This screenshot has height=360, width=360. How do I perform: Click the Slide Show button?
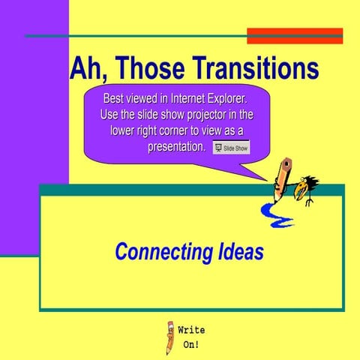click(x=232, y=148)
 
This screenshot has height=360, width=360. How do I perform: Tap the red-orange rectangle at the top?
click(x=295, y=35)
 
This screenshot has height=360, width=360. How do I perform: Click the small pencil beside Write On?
click(x=170, y=337)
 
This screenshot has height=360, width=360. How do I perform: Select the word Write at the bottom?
click(x=191, y=330)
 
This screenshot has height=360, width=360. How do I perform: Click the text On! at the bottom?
click(x=192, y=346)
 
